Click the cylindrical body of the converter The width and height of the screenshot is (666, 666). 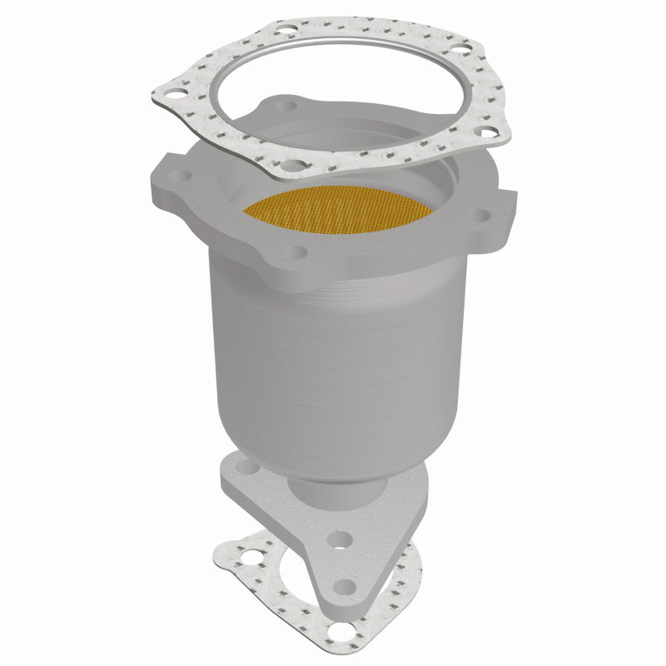coord(333,350)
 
